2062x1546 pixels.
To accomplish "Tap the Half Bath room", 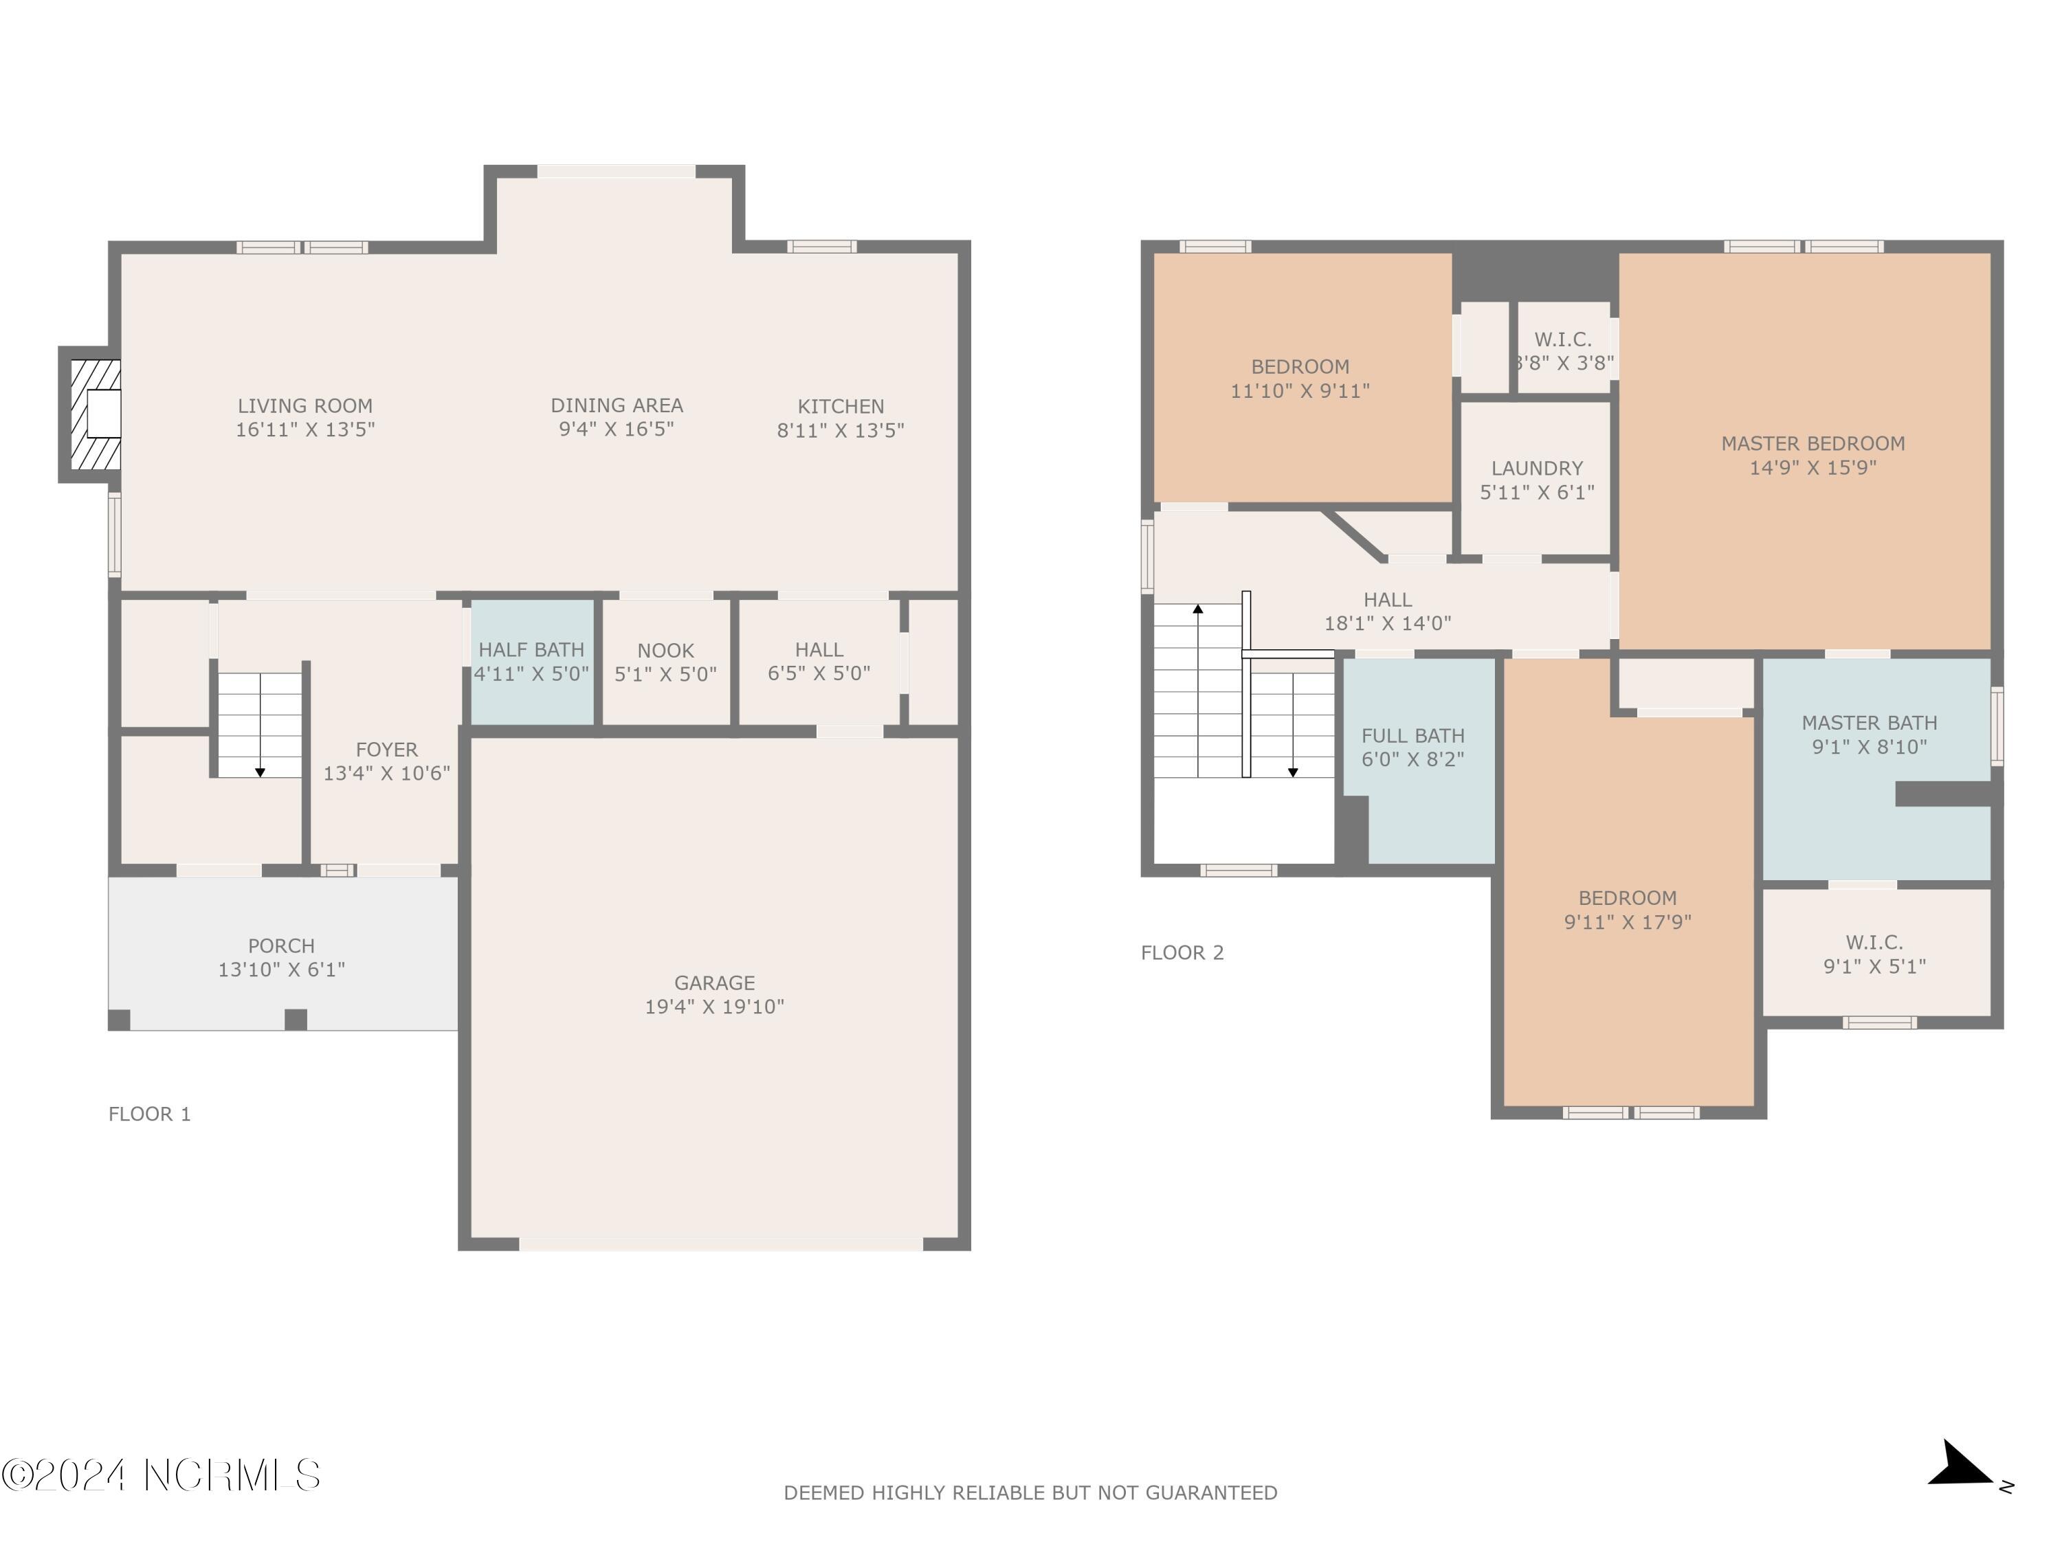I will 531,662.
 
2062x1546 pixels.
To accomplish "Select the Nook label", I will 665,651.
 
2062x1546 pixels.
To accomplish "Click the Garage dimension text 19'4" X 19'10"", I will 715,1007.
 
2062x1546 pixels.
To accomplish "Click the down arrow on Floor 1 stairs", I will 260,772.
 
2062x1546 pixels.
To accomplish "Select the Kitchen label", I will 841,406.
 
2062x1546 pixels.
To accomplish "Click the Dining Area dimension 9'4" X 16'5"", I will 616,429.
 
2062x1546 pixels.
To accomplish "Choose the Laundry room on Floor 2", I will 1536,479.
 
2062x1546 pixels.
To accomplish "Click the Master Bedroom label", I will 1812,444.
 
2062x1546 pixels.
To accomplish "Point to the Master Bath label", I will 1869,722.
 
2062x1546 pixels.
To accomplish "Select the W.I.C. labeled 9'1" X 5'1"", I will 1874,954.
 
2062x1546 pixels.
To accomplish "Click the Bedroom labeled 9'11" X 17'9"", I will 1628,910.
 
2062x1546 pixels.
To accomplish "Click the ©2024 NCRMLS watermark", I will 160,1475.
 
